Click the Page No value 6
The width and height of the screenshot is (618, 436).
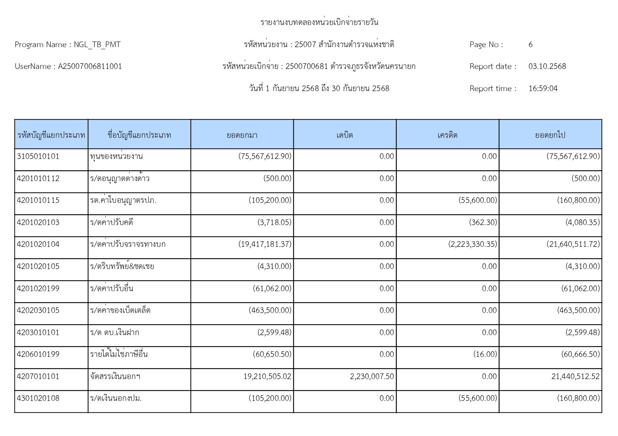pyautogui.click(x=530, y=45)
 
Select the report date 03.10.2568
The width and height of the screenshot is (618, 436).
pyautogui.click(x=547, y=66)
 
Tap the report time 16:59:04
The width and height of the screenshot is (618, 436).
pyautogui.click(x=543, y=89)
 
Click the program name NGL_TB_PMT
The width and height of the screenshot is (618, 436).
pyautogui.click(x=97, y=45)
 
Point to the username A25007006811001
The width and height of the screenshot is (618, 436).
pyautogui.click(x=90, y=66)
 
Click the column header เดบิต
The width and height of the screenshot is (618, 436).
pyautogui.click(x=344, y=135)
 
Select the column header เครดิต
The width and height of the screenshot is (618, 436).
pyautogui.click(x=447, y=135)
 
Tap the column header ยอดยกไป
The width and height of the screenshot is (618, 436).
pyautogui.click(x=550, y=135)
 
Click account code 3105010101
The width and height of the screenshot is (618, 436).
pyautogui.click(x=38, y=156)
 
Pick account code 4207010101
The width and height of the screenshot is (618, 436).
pyautogui.click(x=38, y=377)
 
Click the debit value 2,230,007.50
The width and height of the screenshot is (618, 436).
pyautogui.click(x=372, y=377)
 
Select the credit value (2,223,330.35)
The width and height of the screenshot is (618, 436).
pyautogui.click(x=473, y=244)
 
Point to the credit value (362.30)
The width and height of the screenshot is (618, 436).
pyautogui.click(x=483, y=223)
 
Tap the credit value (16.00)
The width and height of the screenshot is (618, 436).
pyautogui.click(x=485, y=354)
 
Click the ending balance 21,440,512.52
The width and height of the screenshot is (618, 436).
pyautogui.click(x=575, y=377)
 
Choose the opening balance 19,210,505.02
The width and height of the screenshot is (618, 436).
pyautogui.click(x=267, y=377)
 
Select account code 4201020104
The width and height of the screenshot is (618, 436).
pyautogui.click(x=38, y=244)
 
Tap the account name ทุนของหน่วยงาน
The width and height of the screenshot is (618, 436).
pyautogui.click(x=116, y=156)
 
